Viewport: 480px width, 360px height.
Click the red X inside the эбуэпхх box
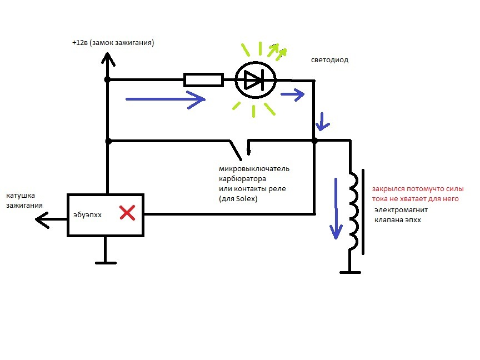tap(128, 212)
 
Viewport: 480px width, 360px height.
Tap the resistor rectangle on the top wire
tap(203, 81)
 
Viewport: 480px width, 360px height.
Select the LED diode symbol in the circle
tap(255, 81)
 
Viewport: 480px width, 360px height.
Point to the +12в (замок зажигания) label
tap(113, 43)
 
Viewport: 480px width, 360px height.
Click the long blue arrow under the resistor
tap(166, 100)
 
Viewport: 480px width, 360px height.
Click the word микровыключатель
tap(254, 168)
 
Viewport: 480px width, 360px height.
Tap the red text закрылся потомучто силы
tap(418, 189)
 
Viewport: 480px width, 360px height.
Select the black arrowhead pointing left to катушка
tap(42, 220)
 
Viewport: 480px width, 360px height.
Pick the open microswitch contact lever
tap(237, 148)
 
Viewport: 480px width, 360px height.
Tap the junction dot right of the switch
tap(314, 141)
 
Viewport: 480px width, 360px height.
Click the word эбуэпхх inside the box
tap(87, 214)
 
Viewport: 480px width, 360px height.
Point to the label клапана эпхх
tap(398, 221)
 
